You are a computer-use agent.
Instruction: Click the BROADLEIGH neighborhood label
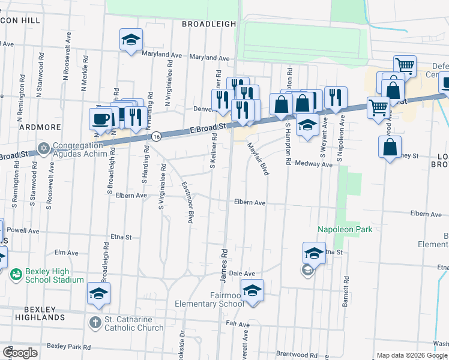pos(208,23)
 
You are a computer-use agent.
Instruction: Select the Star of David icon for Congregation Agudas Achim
pos(43,148)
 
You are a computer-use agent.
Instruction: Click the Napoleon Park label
pos(345,229)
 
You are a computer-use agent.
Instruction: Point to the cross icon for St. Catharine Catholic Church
pos(95,322)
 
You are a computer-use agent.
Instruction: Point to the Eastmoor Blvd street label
pos(187,203)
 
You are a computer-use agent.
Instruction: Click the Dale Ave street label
pos(243,273)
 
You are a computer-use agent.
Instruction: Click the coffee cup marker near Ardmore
pos(100,118)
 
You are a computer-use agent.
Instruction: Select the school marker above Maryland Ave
pos(131,40)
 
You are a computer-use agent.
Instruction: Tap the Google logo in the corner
pos(20,352)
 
